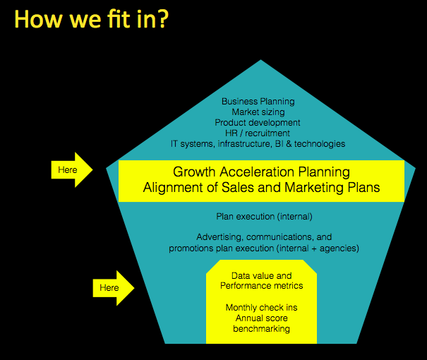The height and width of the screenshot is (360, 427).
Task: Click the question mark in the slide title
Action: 162,19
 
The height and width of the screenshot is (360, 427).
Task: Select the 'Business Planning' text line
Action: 258,102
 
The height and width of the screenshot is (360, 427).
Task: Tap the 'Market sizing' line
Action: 258,112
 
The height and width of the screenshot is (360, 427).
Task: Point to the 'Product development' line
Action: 258,123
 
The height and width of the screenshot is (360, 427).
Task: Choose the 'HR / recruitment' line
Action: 258,133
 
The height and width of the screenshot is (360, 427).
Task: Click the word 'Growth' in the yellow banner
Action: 194,172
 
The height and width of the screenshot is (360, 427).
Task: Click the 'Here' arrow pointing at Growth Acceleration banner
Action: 72,169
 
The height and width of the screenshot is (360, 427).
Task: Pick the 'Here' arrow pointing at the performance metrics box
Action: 114,288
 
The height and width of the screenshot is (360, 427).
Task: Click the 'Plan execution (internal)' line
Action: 264,217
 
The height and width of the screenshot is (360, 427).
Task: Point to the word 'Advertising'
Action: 219,237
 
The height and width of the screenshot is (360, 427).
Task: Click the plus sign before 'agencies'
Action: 314,248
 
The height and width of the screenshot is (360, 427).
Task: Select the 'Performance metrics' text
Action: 261,286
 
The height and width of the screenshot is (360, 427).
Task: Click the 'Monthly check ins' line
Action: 261,308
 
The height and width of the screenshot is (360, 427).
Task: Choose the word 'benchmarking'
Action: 261,329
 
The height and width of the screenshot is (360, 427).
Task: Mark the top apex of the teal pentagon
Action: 260,59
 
